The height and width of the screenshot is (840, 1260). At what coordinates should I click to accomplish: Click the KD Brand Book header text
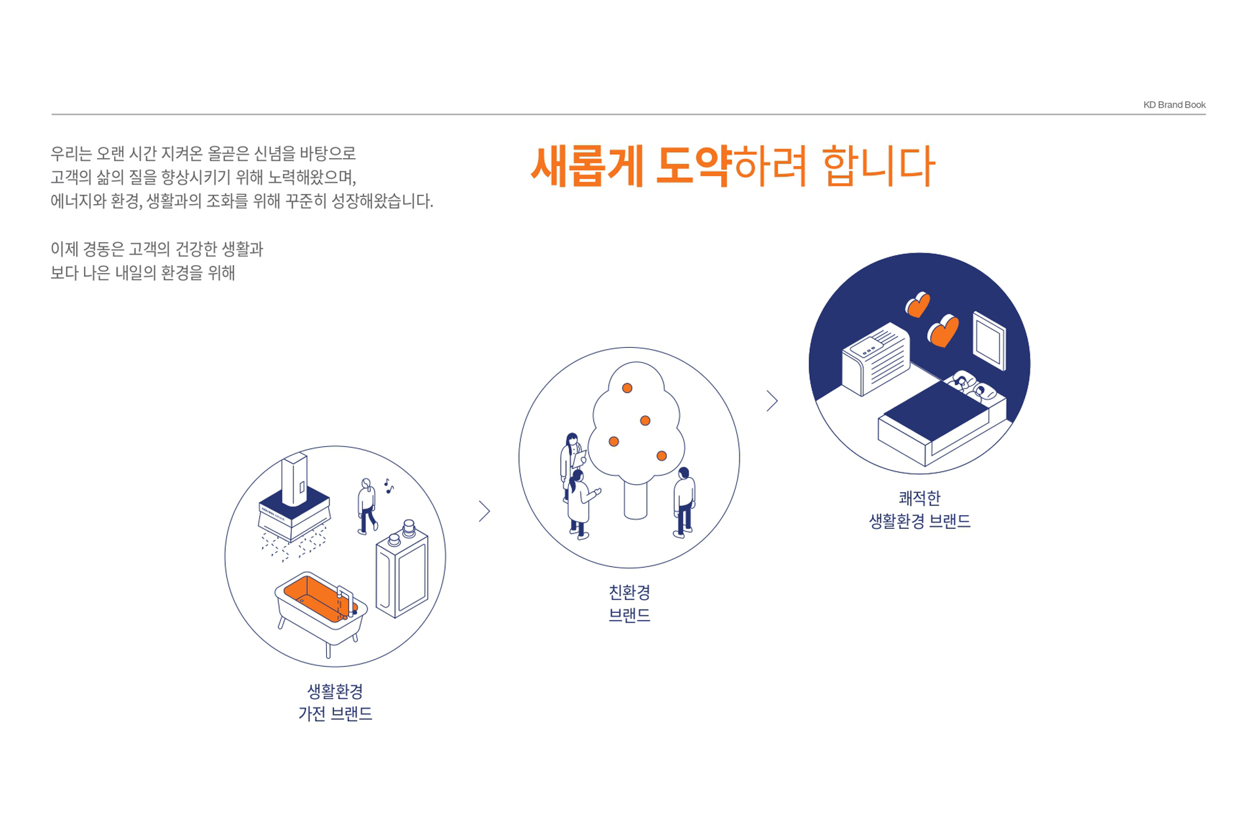(x=1174, y=105)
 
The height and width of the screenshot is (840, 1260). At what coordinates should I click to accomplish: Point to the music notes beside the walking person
(x=388, y=486)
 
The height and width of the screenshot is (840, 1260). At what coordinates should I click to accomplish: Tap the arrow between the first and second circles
(x=484, y=511)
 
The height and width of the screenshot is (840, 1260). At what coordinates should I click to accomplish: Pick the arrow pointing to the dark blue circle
(x=772, y=400)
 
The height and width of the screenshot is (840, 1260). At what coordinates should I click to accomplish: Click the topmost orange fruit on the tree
(x=627, y=388)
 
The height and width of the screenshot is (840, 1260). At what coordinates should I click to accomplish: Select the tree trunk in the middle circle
(x=635, y=500)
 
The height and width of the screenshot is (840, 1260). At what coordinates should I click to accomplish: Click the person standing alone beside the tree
(x=684, y=503)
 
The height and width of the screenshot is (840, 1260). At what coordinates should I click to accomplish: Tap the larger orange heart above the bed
(x=944, y=331)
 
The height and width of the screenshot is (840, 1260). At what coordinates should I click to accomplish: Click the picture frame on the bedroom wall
(x=989, y=341)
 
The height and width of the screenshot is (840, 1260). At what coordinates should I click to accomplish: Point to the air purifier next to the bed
(x=876, y=358)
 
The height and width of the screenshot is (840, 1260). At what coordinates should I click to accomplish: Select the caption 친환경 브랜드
(x=629, y=604)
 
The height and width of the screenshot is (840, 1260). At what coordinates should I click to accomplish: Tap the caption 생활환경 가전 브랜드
(x=335, y=702)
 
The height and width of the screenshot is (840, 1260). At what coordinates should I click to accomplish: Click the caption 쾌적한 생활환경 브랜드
(x=919, y=510)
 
